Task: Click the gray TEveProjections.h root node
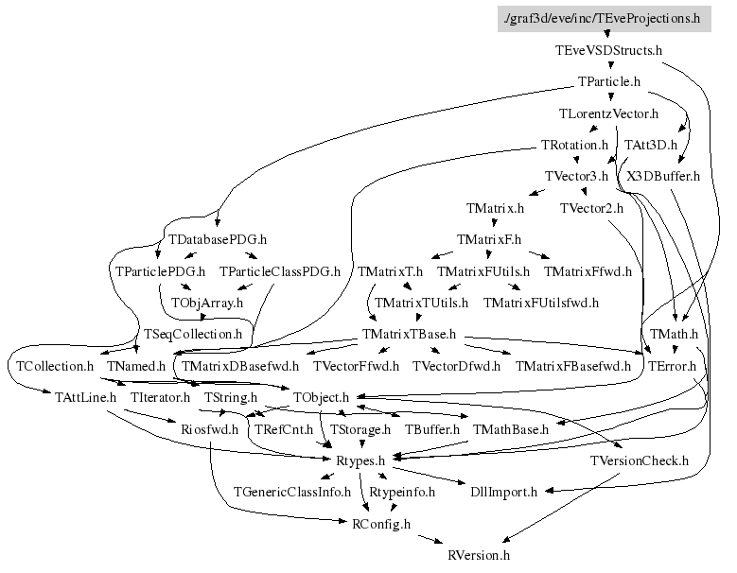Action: (604, 17)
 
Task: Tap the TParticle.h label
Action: (609, 82)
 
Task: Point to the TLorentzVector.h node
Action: (608, 114)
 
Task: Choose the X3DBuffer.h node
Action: (662, 176)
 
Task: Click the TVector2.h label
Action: (591, 207)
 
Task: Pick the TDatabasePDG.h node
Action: (217, 239)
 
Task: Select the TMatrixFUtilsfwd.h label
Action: (541, 304)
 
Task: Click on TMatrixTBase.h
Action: (410, 335)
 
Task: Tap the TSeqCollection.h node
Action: (193, 335)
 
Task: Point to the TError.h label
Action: (671, 365)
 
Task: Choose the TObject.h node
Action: (322, 397)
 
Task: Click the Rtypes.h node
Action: (360, 460)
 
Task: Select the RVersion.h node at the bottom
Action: (478, 555)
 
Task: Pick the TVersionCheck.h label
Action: (639, 460)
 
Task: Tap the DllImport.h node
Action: (503, 492)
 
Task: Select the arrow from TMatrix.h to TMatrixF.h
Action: (496, 223)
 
